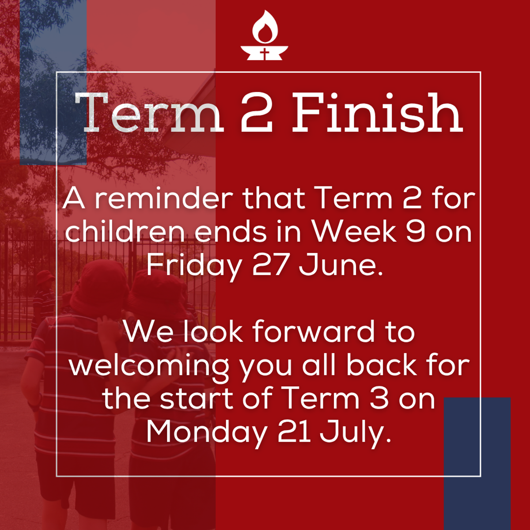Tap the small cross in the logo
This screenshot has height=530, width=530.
tap(265, 54)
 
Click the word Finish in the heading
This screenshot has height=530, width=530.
tap(377, 114)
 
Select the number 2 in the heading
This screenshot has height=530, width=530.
tap(257, 114)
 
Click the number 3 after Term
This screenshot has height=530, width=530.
tap(379, 399)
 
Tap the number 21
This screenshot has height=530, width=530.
tap(294, 432)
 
